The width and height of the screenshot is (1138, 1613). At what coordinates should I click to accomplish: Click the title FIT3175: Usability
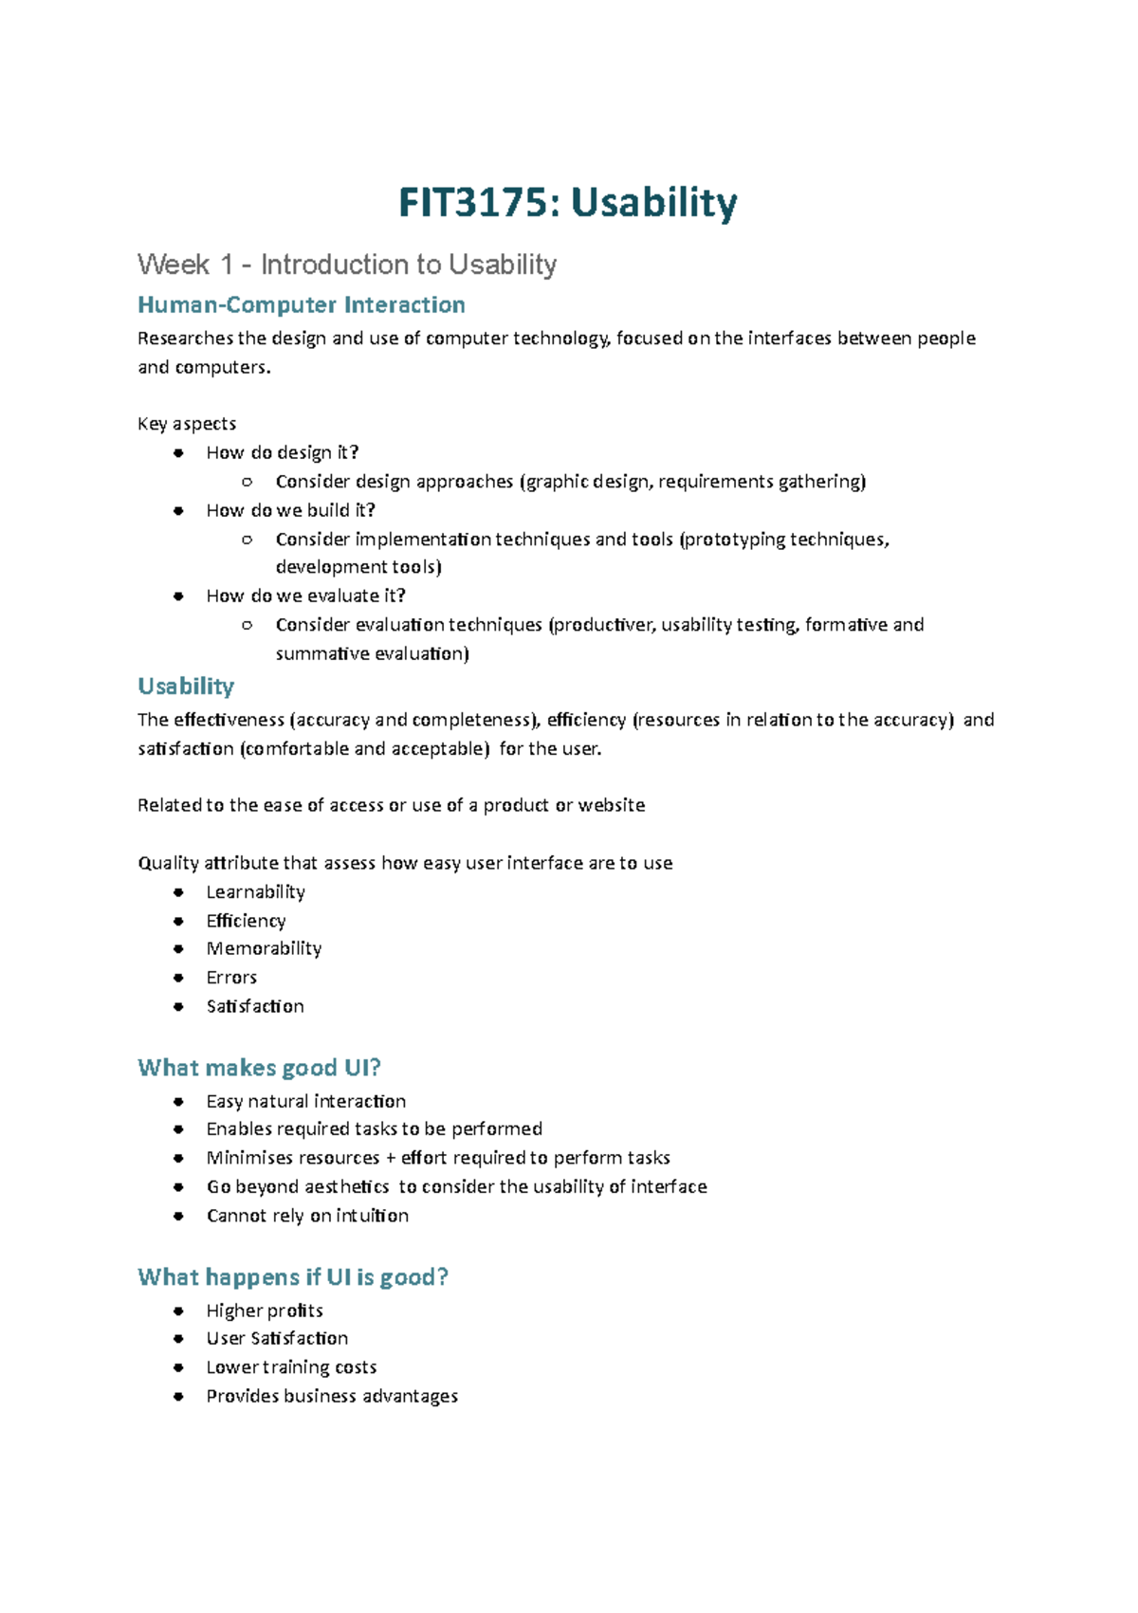(567, 203)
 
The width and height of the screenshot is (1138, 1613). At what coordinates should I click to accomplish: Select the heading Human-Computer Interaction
(301, 305)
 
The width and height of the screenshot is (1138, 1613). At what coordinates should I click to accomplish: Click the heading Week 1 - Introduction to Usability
(346, 265)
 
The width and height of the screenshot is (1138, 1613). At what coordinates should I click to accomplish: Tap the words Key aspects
(187, 424)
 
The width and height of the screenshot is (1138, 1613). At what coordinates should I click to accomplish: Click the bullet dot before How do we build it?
(178, 510)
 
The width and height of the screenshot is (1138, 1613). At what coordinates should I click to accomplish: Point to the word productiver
(604, 625)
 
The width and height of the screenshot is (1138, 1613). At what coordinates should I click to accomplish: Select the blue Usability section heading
(186, 687)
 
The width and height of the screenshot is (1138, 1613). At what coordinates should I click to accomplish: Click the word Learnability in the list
(255, 892)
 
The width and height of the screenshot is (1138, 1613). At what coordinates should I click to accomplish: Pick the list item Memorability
(264, 949)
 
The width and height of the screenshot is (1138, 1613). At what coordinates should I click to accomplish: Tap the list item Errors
(231, 978)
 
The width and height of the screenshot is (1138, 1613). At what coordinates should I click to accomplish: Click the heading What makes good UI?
(259, 1069)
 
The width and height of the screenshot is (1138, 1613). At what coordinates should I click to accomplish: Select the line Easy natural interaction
(305, 1102)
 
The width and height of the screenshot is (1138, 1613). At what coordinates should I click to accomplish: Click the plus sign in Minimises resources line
(390, 1159)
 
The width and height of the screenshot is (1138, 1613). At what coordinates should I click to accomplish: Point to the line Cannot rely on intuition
(307, 1217)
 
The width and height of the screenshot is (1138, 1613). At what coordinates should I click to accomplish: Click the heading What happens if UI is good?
(292, 1278)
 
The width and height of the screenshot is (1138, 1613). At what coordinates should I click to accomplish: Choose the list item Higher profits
(265, 1311)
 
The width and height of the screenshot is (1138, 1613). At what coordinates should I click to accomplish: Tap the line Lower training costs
(291, 1368)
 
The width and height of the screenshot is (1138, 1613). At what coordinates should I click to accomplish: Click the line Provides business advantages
(332, 1397)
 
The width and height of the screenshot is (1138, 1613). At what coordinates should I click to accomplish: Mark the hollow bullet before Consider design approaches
(248, 482)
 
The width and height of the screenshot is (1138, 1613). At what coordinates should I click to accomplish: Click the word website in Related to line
(612, 806)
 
